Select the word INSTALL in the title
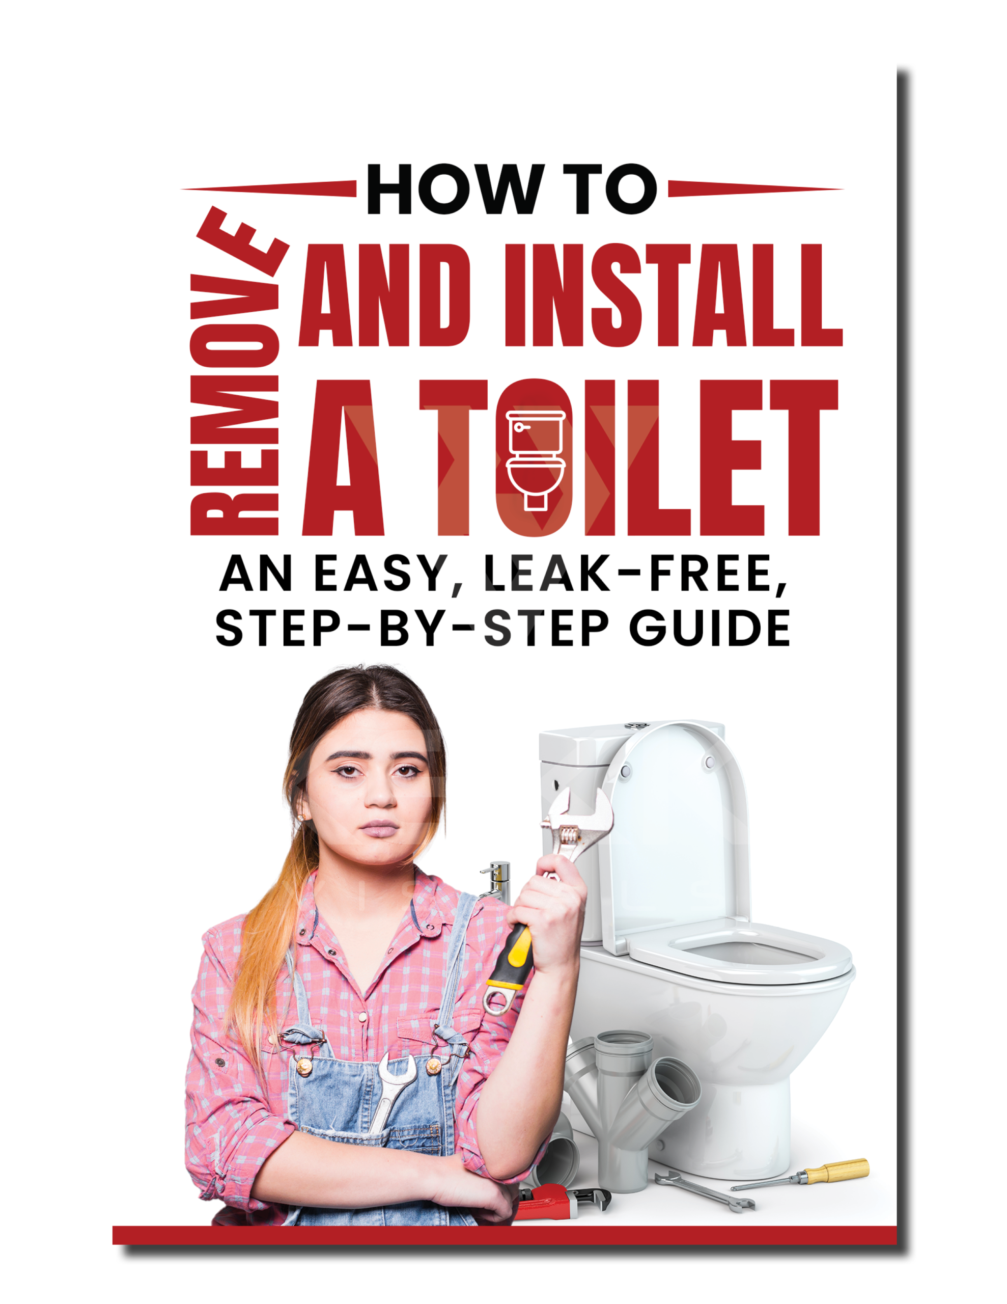674,295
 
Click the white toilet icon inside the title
536,459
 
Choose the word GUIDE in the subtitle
710,629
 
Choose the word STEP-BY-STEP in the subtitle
412,629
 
